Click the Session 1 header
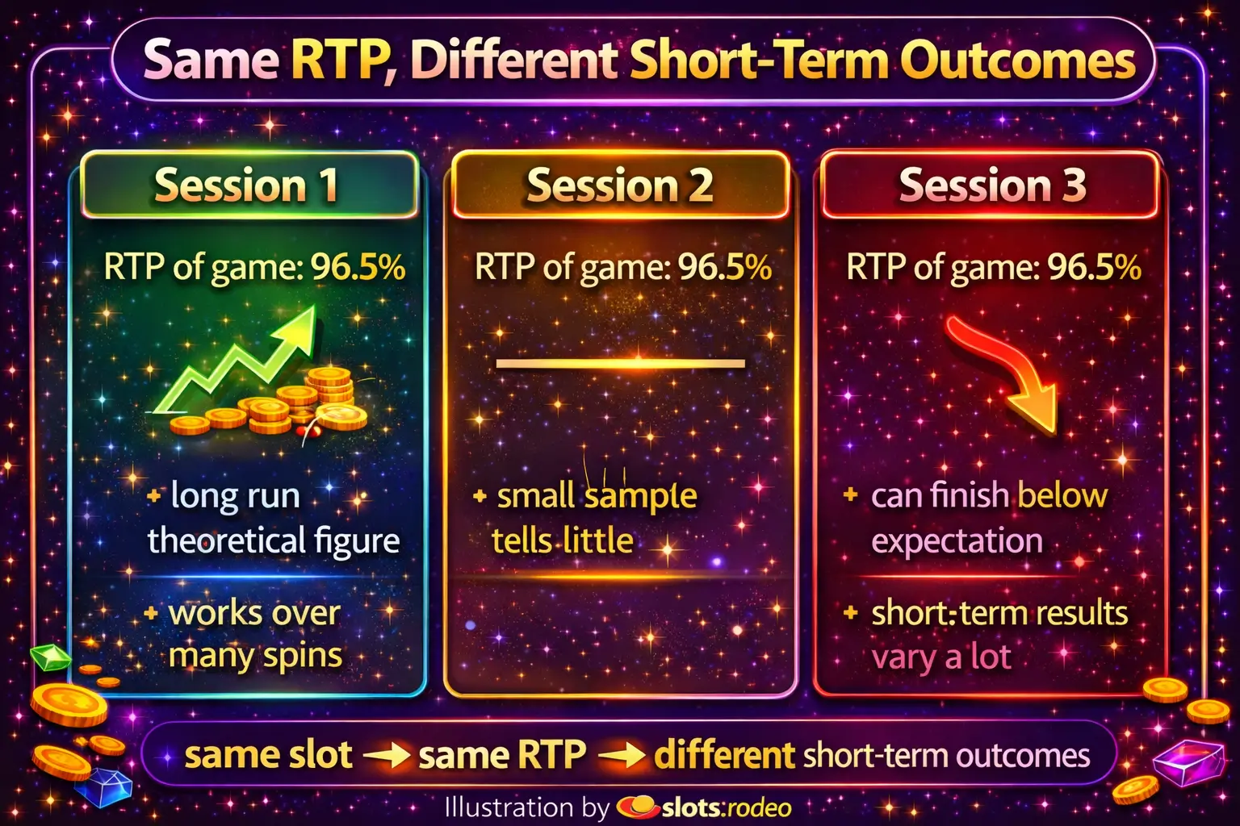point(249,184)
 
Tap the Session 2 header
point(620,184)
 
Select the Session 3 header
point(991,184)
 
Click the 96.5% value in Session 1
point(358,268)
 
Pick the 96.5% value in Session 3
point(1094,268)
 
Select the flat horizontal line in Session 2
point(620,364)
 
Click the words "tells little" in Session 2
point(563,540)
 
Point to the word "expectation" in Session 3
point(957,541)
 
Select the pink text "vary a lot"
point(941,657)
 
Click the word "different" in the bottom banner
point(725,755)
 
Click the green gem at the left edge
point(50,657)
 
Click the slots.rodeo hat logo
point(638,807)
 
